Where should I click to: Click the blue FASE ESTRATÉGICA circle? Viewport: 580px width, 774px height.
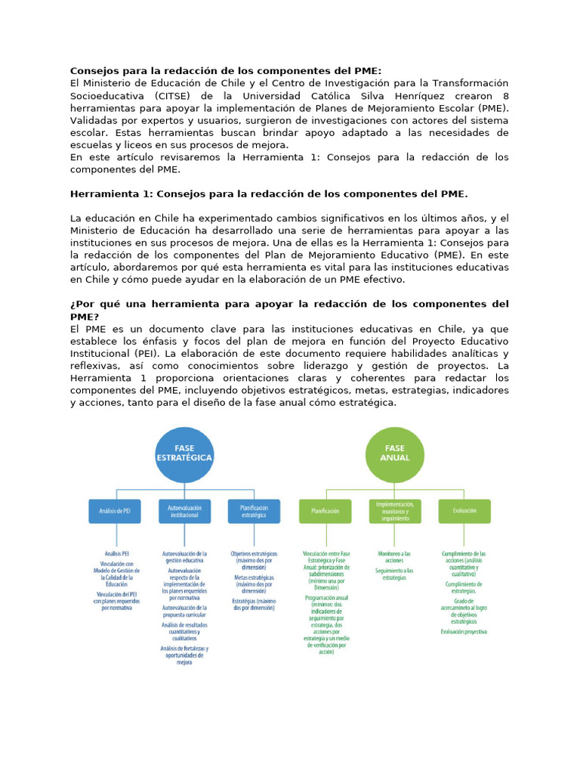tap(184, 454)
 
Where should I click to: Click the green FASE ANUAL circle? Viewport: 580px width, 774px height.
tap(395, 454)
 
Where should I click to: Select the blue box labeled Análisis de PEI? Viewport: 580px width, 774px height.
tap(115, 511)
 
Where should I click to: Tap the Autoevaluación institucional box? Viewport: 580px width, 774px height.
tap(184, 511)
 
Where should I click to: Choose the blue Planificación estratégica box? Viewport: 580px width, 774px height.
tap(254, 511)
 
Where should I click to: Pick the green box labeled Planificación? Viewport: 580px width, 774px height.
tap(325, 511)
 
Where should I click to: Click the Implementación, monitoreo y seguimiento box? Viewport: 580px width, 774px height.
tap(395, 511)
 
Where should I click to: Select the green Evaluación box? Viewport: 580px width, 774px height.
tap(464, 511)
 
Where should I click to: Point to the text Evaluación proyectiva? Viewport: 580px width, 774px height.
tap(464, 631)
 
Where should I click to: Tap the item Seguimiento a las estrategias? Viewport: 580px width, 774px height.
tap(395, 574)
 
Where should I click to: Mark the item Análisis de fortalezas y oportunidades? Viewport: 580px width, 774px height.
tap(184, 655)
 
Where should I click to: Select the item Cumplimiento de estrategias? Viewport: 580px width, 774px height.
tap(464, 588)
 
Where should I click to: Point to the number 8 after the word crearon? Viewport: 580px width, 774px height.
tap(505, 96)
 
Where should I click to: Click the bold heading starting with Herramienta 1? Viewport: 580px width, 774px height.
tap(269, 194)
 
